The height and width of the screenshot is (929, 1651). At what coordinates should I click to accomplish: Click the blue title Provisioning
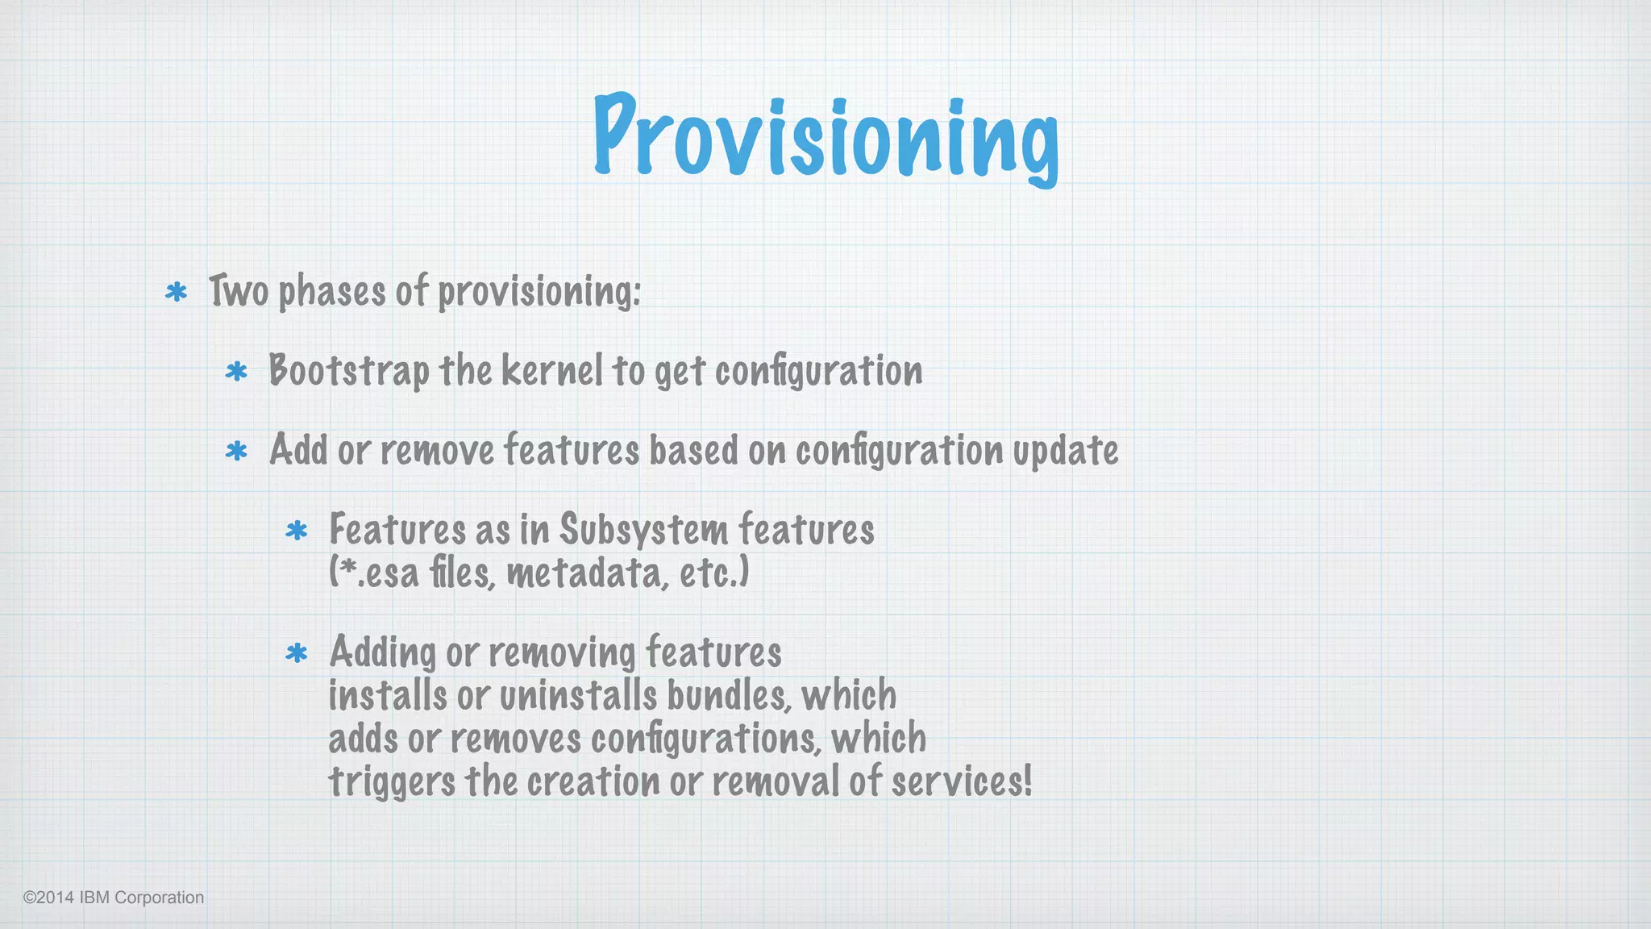point(825,137)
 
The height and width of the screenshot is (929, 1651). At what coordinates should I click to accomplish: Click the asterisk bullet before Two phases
point(176,292)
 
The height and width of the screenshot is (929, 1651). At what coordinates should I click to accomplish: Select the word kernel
point(551,371)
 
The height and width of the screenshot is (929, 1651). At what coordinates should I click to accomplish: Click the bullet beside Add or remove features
point(236,451)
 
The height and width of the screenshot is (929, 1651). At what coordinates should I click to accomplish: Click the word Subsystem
point(643,531)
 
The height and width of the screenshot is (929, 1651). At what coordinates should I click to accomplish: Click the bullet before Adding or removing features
point(297,652)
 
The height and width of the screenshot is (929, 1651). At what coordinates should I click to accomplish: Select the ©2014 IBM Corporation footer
point(114,898)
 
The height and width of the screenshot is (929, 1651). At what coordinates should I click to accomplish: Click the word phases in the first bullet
point(331,292)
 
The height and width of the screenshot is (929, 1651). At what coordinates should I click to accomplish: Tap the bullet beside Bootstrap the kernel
point(236,372)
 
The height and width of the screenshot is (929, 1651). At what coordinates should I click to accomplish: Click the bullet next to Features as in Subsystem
point(297,531)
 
